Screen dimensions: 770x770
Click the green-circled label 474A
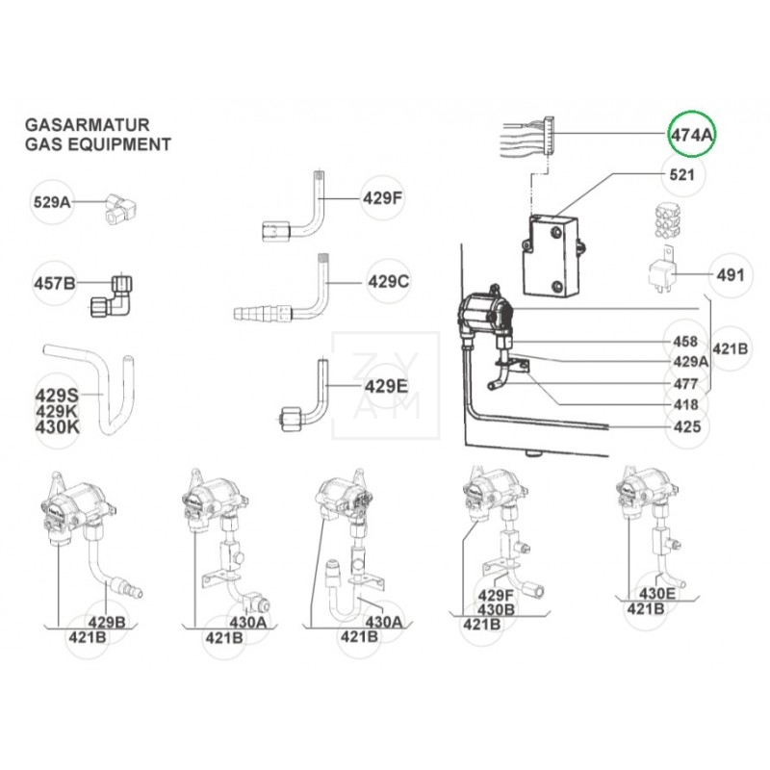tap(692, 136)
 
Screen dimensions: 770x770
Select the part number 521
tap(682, 176)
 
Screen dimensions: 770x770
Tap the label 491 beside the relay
tap(731, 275)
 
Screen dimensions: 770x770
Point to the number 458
tap(684, 341)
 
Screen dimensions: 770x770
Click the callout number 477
tap(684, 383)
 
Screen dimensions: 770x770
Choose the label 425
tap(684, 425)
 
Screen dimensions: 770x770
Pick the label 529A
tap(54, 202)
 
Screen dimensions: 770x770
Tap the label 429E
tap(388, 387)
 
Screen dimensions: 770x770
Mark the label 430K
tap(58, 426)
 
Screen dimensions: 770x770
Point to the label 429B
tap(106, 621)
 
